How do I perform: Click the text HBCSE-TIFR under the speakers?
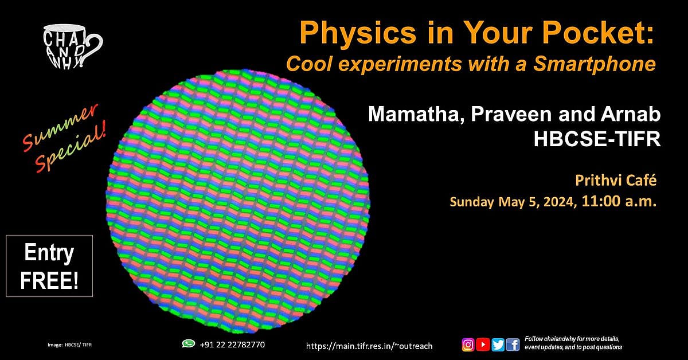(597, 139)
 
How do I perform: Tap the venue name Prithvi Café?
(615, 182)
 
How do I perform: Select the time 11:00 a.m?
(619, 202)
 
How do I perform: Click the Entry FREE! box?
(49, 266)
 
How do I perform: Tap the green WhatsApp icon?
(188, 343)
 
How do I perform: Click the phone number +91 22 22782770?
(232, 344)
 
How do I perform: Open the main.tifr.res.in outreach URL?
(369, 346)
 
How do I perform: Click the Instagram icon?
(468, 345)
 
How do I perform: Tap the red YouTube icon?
(483, 345)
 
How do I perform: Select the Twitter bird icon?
(498, 345)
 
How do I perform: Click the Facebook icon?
(513, 345)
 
